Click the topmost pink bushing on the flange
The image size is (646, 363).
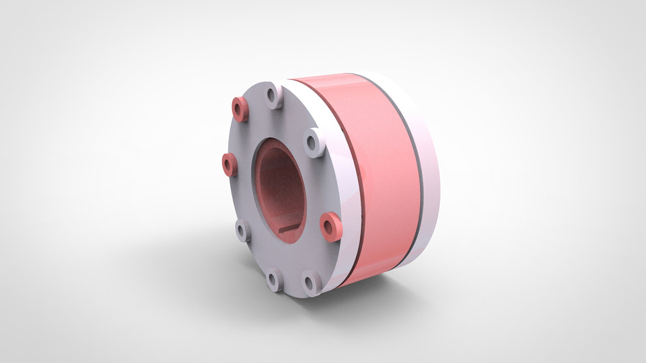click(x=240, y=109)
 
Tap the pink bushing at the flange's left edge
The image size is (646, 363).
click(x=229, y=164)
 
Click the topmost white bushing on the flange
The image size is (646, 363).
click(x=275, y=95)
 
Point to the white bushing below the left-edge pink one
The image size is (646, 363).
click(x=243, y=231)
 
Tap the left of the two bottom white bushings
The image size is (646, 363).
click(x=275, y=279)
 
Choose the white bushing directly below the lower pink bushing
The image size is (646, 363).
click(x=312, y=282)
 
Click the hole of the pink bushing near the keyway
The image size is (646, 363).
click(x=329, y=227)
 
